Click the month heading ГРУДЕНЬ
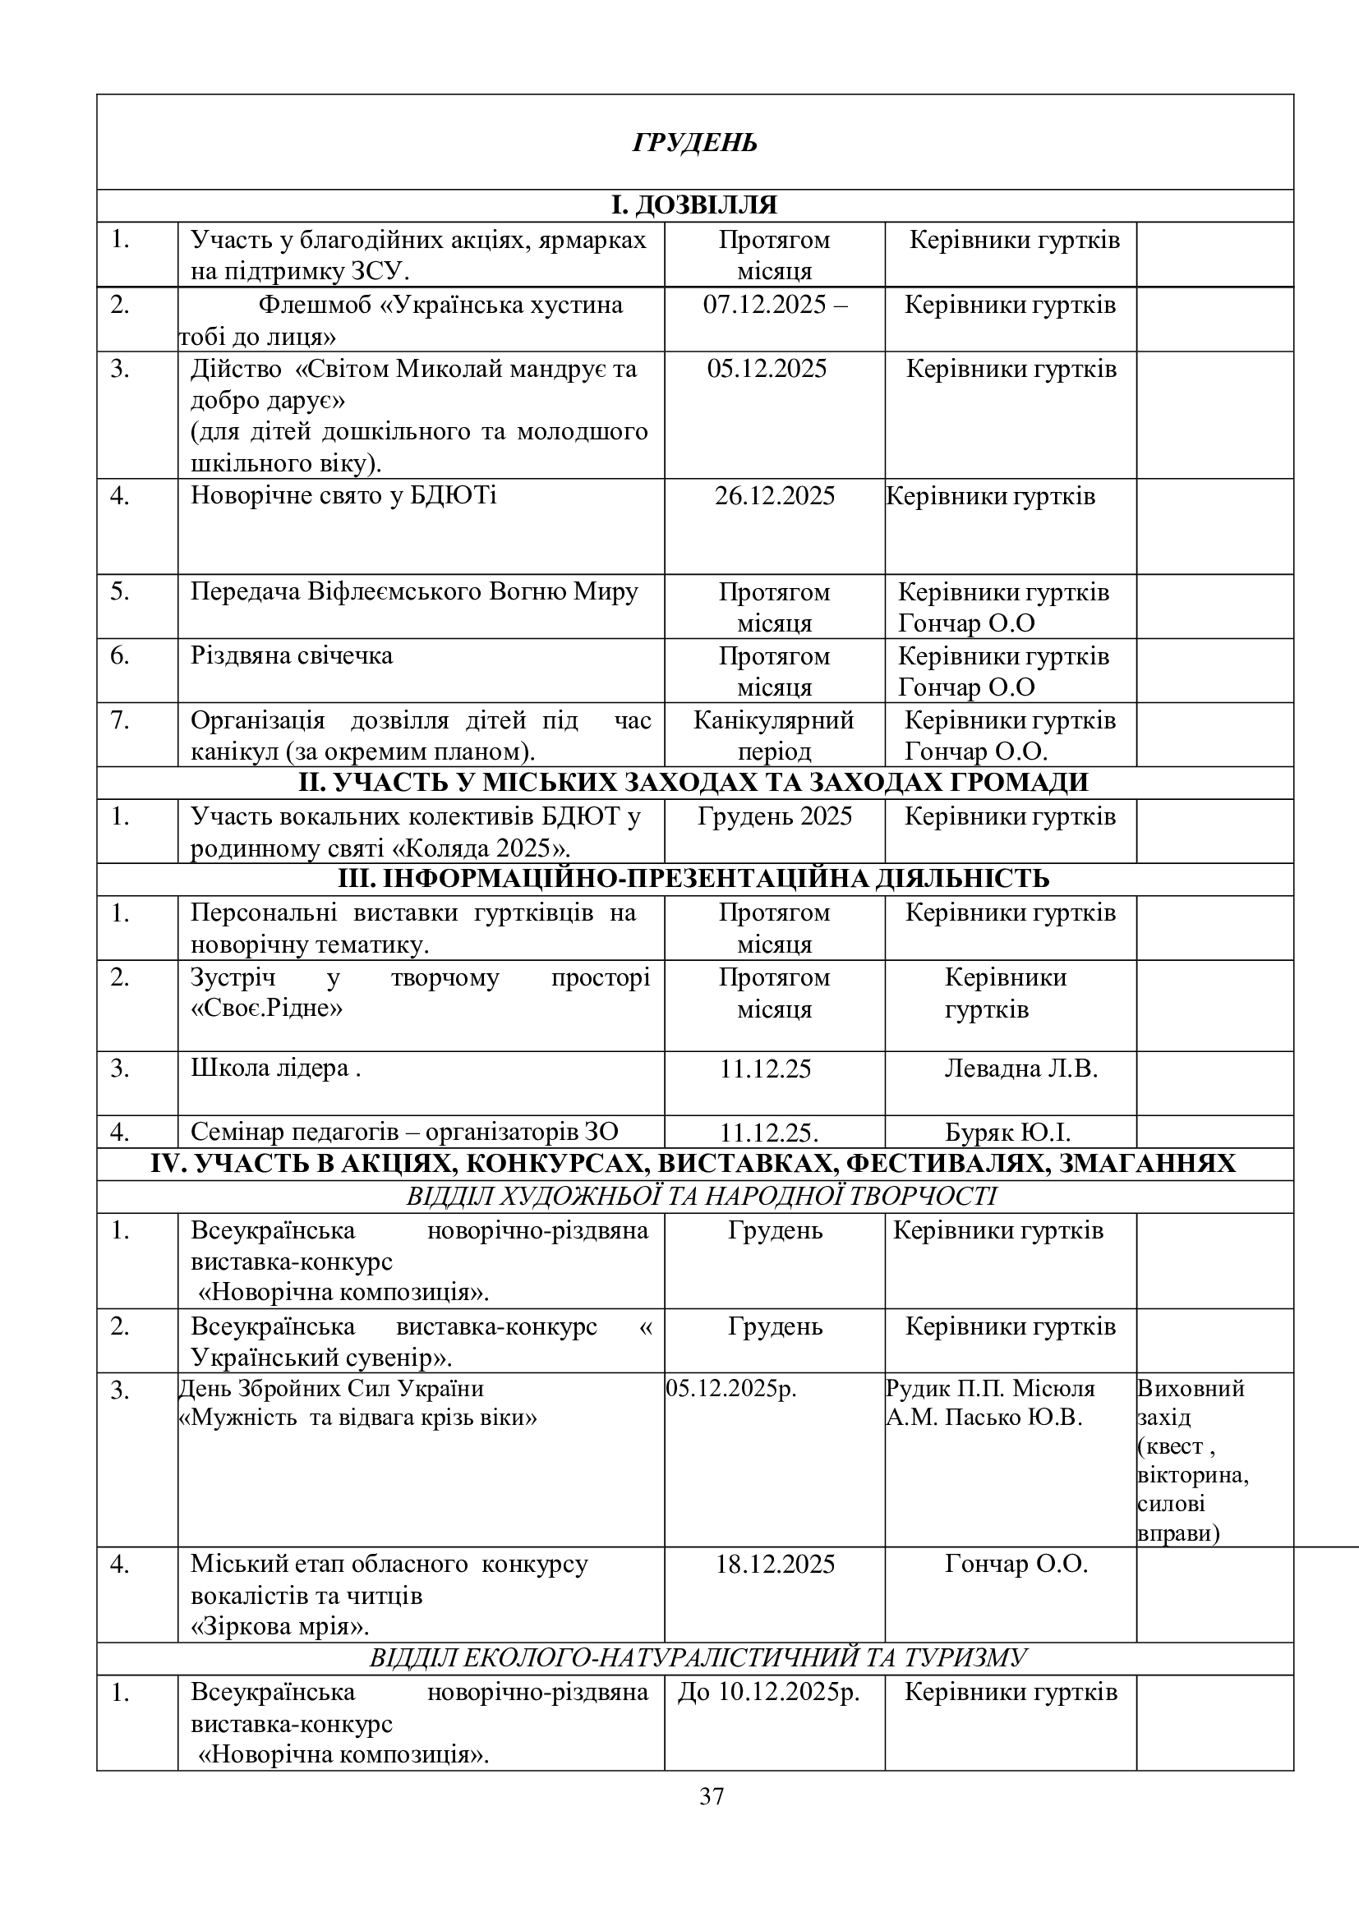click(x=694, y=143)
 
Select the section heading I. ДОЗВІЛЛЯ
click(x=694, y=205)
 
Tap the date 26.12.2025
click(x=774, y=496)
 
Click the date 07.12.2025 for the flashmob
click(x=774, y=305)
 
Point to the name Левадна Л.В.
click(x=1021, y=1068)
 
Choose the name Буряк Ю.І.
click(x=1007, y=1132)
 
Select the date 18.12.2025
click(x=774, y=1565)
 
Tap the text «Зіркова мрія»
click(x=280, y=1627)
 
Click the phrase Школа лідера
click(x=269, y=1068)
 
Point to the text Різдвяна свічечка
click(x=291, y=655)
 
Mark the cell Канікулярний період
click(x=774, y=735)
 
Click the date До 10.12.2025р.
click(x=768, y=1693)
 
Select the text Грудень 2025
click(x=774, y=816)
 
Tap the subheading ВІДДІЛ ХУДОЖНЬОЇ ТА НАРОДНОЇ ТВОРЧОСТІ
click(x=701, y=1197)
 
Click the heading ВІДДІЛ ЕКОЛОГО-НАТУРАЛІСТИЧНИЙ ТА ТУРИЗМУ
click(x=698, y=1658)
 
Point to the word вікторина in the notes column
click(x=1192, y=1474)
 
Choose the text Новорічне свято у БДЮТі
click(x=343, y=496)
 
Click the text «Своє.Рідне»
click(x=266, y=1009)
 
